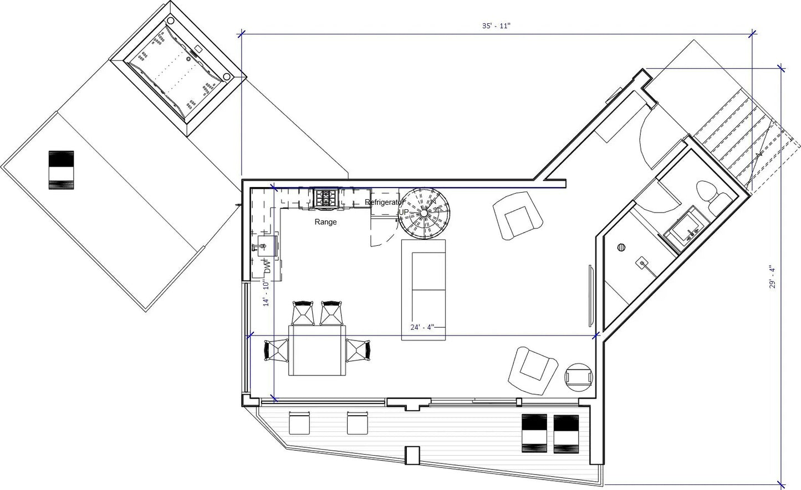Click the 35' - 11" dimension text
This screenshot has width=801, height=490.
click(x=496, y=25)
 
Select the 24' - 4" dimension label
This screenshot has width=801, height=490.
click(x=422, y=327)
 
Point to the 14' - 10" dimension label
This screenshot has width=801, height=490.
click(x=266, y=293)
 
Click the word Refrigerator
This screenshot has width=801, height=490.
click(x=384, y=202)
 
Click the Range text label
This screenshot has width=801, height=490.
click(x=325, y=222)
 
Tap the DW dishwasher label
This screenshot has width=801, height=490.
click(x=268, y=267)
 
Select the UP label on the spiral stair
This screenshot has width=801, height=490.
click(x=404, y=212)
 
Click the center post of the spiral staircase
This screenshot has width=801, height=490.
click(x=424, y=213)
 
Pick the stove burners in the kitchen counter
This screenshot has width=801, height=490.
click(x=325, y=198)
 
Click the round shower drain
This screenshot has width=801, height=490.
click(x=621, y=247)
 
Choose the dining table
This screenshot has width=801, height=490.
click(x=317, y=350)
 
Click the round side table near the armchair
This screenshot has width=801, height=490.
click(x=579, y=378)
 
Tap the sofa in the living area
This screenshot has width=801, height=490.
click(x=424, y=290)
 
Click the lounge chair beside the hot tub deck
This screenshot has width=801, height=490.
click(x=61, y=170)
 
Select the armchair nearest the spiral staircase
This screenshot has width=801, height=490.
click(x=518, y=215)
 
